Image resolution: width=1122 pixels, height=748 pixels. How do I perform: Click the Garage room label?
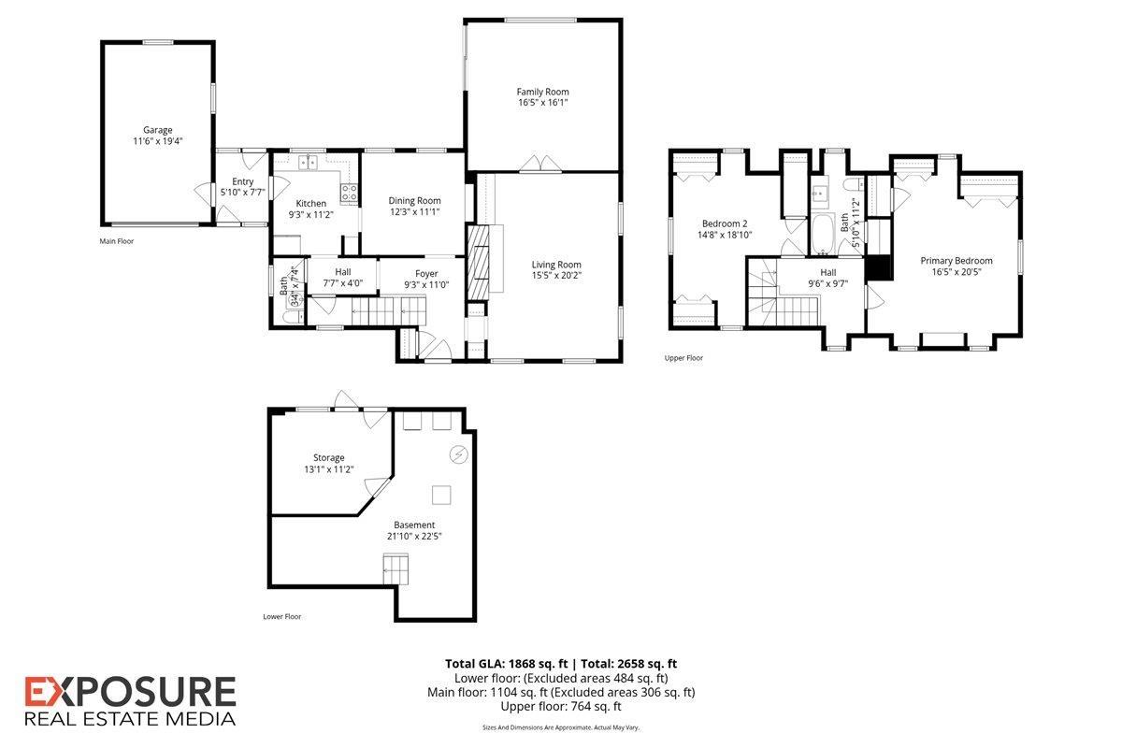tap(157, 130)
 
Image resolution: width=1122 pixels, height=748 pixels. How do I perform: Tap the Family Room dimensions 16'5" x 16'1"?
tap(543, 103)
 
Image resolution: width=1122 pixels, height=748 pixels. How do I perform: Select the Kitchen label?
tap(310, 204)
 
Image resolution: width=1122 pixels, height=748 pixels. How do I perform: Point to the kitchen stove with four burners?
tap(349, 193)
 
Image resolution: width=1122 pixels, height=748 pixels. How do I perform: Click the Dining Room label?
tap(415, 200)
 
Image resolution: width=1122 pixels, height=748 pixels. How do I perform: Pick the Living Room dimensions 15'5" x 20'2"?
tap(556, 276)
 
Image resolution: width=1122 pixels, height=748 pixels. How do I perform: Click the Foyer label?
tap(426, 274)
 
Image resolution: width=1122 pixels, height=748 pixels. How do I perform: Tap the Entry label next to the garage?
tap(243, 181)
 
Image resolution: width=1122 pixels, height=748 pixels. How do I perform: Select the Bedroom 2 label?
tap(725, 223)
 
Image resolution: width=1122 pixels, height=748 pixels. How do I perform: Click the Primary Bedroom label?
tap(957, 261)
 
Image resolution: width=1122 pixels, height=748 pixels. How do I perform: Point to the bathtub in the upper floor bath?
tap(822, 235)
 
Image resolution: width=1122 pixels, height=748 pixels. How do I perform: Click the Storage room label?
tap(328, 457)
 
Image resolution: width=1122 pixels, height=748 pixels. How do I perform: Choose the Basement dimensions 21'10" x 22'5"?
tap(414, 536)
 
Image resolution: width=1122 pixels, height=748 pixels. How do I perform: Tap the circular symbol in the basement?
tap(459, 454)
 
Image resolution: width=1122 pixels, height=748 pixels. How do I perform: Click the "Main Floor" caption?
tap(117, 241)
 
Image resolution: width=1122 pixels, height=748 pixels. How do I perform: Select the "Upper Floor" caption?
tap(683, 358)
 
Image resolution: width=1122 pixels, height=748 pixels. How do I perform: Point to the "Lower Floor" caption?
tap(282, 616)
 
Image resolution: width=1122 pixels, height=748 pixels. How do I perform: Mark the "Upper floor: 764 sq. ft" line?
tap(561, 707)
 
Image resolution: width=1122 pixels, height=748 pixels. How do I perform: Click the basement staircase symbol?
tap(396, 568)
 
